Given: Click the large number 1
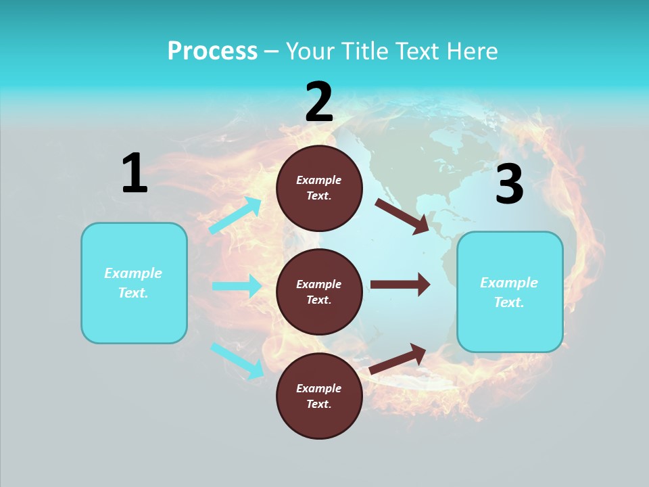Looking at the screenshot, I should [x=135, y=173].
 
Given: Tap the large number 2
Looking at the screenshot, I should [x=319, y=102].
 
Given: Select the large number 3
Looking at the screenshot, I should [x=509, y=184].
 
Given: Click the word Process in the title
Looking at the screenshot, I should [x=212, y=51].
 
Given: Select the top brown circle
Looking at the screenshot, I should [x=319, y=188].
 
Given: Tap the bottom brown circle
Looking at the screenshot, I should [x=319, y=396].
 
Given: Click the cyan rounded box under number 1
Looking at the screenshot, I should [x=134, y=283].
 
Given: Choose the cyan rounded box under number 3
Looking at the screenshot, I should [x=510, y=292].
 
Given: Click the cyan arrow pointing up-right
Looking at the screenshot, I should [x=235, y=216].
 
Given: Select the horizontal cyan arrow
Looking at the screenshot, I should [x=237, y=286].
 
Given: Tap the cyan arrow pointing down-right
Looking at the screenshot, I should [x=237, y=361].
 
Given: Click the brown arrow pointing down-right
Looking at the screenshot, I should [x=402, y=216].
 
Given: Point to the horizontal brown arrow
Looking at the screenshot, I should [x=400, y=284].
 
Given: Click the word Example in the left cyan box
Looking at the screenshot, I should [x=133, y=273].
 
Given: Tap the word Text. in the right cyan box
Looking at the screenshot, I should [x=509, y=302].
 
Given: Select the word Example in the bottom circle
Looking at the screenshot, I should [x=319, y=388].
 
